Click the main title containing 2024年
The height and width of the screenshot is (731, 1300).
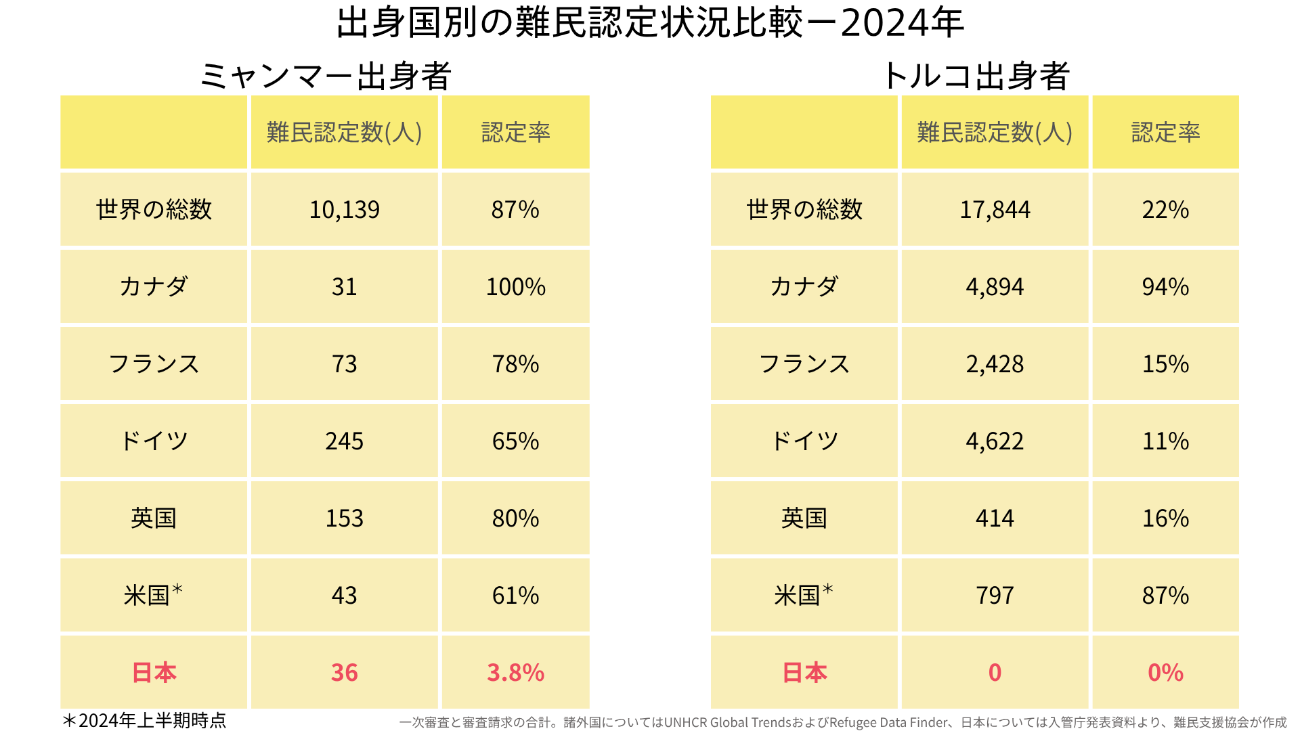[x=650, y=23]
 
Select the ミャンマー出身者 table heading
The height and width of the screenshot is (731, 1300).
[x=325, y=76]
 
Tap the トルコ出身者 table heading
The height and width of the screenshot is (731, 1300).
[x=975, y=76]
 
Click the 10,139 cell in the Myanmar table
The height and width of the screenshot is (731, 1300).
[x=344, y=210]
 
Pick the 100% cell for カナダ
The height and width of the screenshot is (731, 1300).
[x=515, y=287]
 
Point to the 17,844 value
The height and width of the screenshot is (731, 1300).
[x=995, y=210]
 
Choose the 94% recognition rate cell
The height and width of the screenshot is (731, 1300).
[x=1165, y=287]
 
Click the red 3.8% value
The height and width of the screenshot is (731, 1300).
[x=515, y=673]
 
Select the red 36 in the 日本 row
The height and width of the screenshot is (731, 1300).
[x=344, y=673]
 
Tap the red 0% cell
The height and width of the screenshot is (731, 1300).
[x=1165, y=673]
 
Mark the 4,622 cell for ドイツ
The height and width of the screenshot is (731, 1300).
[x=995, y=441]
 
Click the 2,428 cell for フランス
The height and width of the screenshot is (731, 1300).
[x=995, y=364]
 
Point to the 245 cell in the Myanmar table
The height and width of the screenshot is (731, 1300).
[x=344, y=441]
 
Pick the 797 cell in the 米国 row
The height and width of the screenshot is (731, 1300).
[x=995, y=596]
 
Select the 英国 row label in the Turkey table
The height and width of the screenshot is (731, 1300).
[x=804, y=518]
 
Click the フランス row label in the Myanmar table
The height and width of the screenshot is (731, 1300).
[x=154, y=364]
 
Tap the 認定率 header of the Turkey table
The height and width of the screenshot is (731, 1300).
[x=1165, y=133]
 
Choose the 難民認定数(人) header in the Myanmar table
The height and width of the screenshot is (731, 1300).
[x=344, y=133]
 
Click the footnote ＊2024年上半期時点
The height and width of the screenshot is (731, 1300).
[x=144, y=720]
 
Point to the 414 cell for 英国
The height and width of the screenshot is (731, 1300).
[x=995, y=518]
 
